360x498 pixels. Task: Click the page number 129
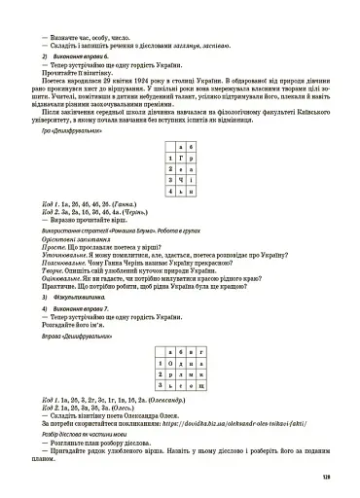(340, 476)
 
